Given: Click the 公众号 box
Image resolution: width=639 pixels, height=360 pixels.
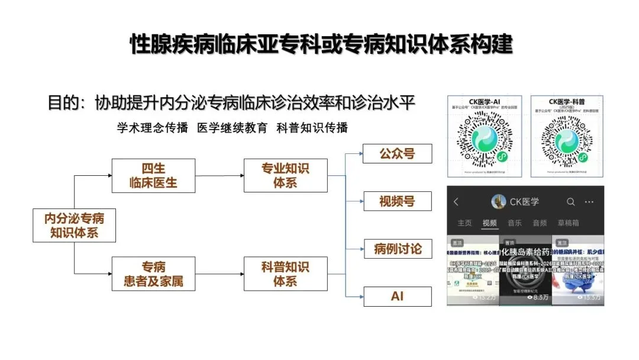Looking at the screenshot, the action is coord(397,154).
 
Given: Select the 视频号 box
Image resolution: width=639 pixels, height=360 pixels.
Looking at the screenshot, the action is coord(397,201).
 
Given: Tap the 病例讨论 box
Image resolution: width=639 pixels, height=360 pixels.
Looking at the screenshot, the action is coord(397,249).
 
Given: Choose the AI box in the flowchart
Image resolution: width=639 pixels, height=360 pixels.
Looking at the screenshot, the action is coord(397,296).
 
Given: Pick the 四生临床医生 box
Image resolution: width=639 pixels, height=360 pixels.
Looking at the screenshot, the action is coord(153,175).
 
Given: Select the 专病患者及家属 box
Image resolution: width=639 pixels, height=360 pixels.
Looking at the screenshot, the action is coord(153,274).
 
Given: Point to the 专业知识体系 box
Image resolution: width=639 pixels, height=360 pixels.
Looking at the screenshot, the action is coord(285,175).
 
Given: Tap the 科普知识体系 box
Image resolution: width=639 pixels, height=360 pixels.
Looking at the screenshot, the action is coord(285,274).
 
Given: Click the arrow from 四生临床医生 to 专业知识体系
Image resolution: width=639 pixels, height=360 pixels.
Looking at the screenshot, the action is coord(219,176).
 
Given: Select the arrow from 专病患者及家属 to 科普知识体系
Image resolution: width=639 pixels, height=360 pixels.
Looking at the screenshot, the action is coord(219,274).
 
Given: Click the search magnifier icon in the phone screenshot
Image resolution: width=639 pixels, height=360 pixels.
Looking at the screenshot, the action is coord(570,202).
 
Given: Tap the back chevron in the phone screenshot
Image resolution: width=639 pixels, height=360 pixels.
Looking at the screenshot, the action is coord(456,202).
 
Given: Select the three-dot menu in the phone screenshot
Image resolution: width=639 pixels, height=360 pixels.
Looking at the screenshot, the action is coord(589,202).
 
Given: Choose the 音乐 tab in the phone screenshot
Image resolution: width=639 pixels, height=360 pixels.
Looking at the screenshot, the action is coord(514,223).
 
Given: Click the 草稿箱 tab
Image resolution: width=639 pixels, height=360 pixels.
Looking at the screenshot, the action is coord(568,223).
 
